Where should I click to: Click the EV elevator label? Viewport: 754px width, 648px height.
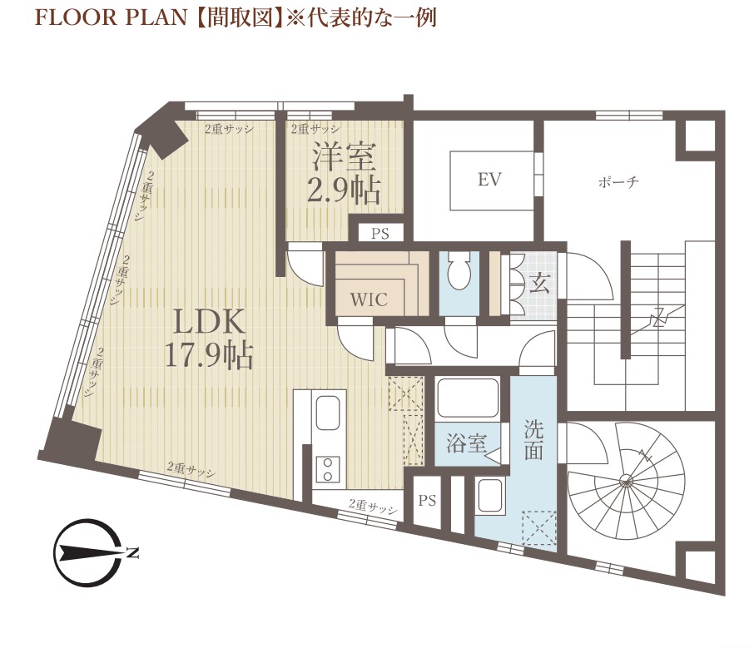click(x=489, y=180)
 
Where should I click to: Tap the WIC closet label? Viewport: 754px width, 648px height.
click(x=369, y=299)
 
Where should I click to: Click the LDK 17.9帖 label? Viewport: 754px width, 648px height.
click(x=209, y=339)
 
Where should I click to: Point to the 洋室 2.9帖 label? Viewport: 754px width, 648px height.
click(x=344, y=174)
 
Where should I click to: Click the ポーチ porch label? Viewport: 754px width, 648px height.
click(x=618, y=182)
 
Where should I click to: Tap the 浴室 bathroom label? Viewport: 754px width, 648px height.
click(x=466, y=443)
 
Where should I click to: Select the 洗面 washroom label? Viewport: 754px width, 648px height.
click(x=533, y=440)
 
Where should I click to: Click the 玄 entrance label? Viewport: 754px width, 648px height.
click(x=539, y=283)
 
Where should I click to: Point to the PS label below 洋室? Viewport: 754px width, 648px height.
click(x=379, y=234)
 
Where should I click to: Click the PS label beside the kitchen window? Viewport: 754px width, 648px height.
click(x=427, y=501)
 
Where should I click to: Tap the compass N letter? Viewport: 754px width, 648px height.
click(x=132, y=552)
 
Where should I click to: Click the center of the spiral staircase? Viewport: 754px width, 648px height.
click(x=626, y=479)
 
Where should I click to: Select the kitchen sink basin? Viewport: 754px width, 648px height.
click(x=328, y=413)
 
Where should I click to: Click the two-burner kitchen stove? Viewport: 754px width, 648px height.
click(x=327, y=470)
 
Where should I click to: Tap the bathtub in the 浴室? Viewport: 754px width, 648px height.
click(x=468, y=398)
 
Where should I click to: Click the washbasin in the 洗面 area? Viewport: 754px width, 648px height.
click(x=489, y=495)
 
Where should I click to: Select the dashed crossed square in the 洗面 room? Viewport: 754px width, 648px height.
click(x=538, y=528)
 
